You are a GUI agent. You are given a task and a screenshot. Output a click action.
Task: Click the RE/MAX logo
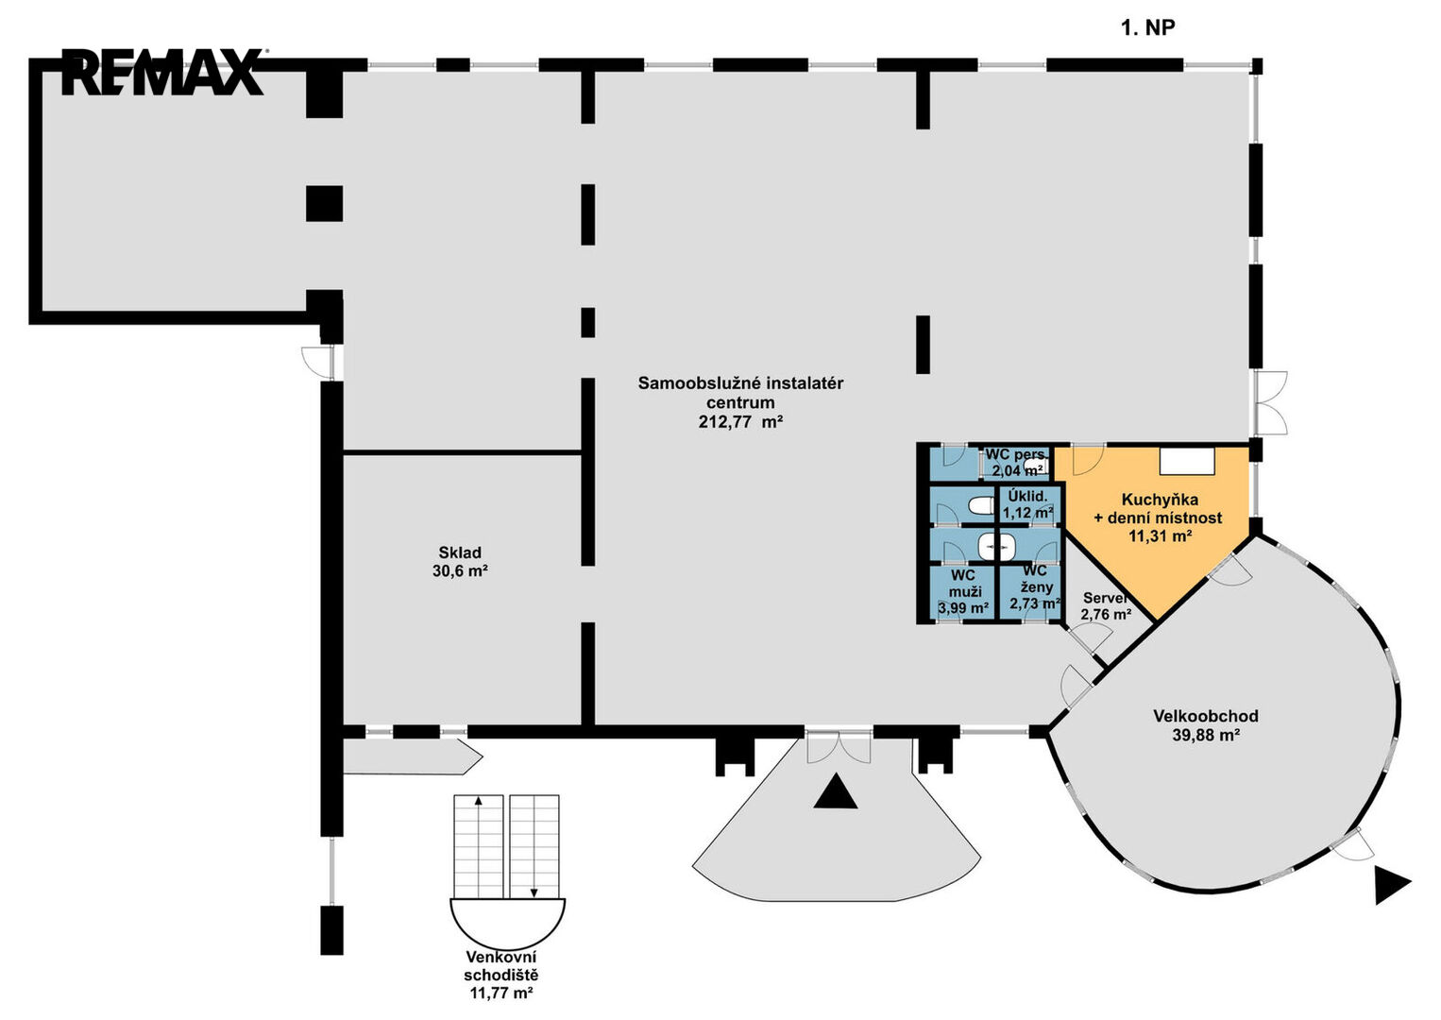click(x=162, y=72)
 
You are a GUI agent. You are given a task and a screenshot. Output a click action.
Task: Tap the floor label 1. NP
click(x=1147, y=27)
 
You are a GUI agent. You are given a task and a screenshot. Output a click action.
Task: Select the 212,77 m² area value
click(x=740, y=422)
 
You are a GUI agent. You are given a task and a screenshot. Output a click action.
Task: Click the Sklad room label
click(x=459, y=552)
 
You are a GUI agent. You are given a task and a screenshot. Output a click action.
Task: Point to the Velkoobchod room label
click(x=1206, y=716)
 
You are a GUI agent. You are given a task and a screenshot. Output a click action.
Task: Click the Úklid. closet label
click(x=1027, y=496)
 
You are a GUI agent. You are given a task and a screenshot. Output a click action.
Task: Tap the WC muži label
click(x=962, y=583)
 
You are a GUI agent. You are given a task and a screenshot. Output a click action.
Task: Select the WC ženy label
click(x=1035, y=579)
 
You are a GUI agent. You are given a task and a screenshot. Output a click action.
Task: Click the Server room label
click(x=1105, y=598)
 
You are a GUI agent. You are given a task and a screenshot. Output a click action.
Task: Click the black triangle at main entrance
click(x=835, y=792)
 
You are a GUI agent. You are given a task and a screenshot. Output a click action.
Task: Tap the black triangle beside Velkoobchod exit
click(x=1392, y=884)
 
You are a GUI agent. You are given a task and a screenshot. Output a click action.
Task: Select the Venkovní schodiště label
click(x=501, y=965)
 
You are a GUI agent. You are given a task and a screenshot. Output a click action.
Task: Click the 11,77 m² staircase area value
click(x=501, y=993)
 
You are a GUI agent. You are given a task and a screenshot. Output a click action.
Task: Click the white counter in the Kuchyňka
click(x=1187, y=461)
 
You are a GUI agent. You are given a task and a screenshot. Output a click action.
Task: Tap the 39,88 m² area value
click(x=1206, y=736)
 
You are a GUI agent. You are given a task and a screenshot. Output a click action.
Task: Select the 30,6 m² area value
click(x=459, y=570)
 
